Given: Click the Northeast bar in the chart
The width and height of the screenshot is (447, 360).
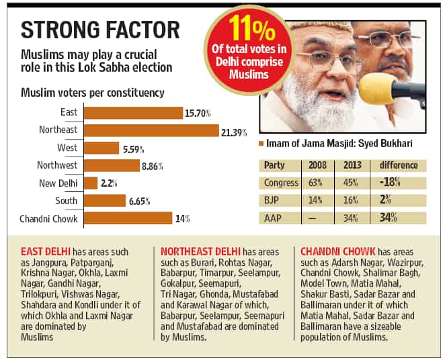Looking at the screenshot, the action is click(x=151, y=130).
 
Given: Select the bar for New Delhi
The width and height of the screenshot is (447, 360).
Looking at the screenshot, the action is click(x=91, y=183).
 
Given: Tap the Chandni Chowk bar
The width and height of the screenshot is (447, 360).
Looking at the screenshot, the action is click(x=128, y=218).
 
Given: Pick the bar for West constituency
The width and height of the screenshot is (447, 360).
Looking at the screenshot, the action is click(x=101, y=148).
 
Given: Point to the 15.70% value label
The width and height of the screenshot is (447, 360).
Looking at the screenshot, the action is click(x=198, y=114).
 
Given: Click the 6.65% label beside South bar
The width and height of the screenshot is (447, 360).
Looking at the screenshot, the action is click(x=139, y=201).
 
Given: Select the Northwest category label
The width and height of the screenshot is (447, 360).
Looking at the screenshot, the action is click(x=57, y=165).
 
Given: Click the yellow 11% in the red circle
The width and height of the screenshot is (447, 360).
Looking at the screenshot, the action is click(x=251, y=28).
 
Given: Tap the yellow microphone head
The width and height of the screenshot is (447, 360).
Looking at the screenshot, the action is click(x=375, y=89).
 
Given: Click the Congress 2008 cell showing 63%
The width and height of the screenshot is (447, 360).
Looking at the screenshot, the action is click(x=315, y=183).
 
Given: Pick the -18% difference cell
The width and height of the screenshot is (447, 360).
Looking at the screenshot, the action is click(x=390, y=182).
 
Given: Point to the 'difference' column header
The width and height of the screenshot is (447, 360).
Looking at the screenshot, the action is click(x=399, y=165).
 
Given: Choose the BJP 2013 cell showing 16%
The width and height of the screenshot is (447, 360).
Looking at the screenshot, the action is click(x=350, y=200).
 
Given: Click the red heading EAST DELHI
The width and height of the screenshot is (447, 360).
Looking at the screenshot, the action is click(x=46, y=252).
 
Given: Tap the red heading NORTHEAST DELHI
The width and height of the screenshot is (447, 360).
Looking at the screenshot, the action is click(x=200, y=252).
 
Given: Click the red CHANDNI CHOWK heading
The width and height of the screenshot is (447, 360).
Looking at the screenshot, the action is click(x=338, y=252).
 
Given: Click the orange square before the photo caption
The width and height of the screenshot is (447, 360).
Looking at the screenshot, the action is click(x=261, y=144).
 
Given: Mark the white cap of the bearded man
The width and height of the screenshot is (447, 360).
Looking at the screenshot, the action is click(x=321, y=27).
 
